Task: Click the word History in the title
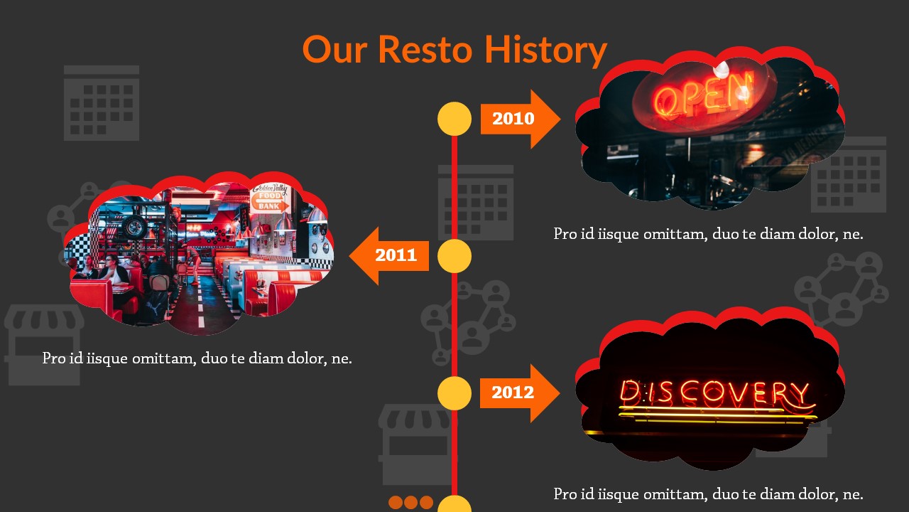point(546,50)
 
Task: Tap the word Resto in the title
point(425,50)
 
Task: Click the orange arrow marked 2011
point(388,255)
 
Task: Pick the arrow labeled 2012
point(520,393)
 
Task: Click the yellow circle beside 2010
point(454,119)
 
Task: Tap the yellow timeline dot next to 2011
point(454,256)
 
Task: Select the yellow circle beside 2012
point(454,393)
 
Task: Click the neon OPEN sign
point(704,95)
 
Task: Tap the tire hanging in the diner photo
point(134,227)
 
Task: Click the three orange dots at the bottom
point(410,502)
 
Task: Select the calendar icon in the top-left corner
point(102,103)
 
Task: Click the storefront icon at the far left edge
point(44,345)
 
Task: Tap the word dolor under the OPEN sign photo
point(816,234)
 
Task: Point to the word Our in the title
point(335,50)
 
